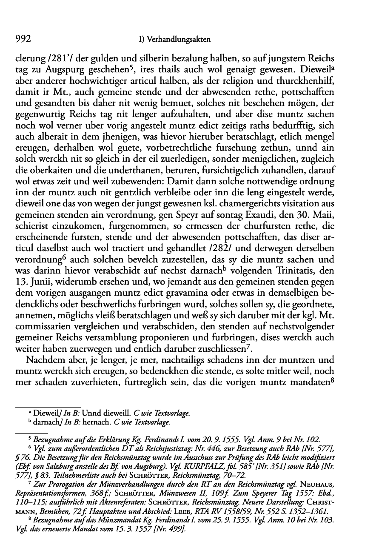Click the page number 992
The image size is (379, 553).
24,40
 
